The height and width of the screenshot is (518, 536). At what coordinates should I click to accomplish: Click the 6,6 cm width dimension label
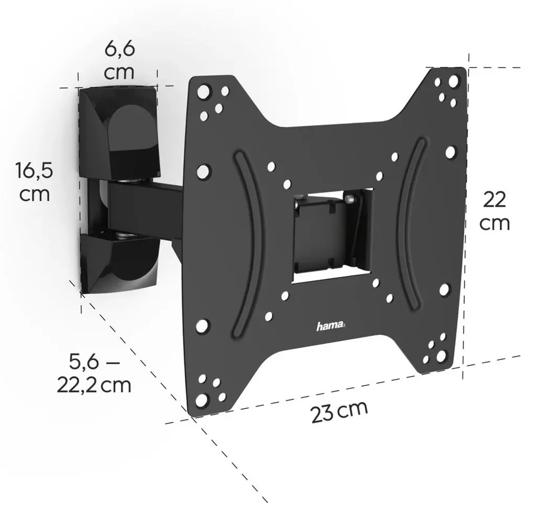pyautogui.click(x=119, y=61)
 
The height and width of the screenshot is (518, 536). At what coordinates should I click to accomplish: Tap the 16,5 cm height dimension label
pyautogui.click(x=34, y=182)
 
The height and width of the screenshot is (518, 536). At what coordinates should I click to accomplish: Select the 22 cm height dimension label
pyautogui.click(x=494, y=211)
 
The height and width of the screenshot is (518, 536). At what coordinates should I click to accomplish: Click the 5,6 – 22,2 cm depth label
pyautogui.click(x=94, y=373)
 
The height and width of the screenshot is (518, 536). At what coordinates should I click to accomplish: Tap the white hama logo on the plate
pyautogui.click(x=330, y=326)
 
